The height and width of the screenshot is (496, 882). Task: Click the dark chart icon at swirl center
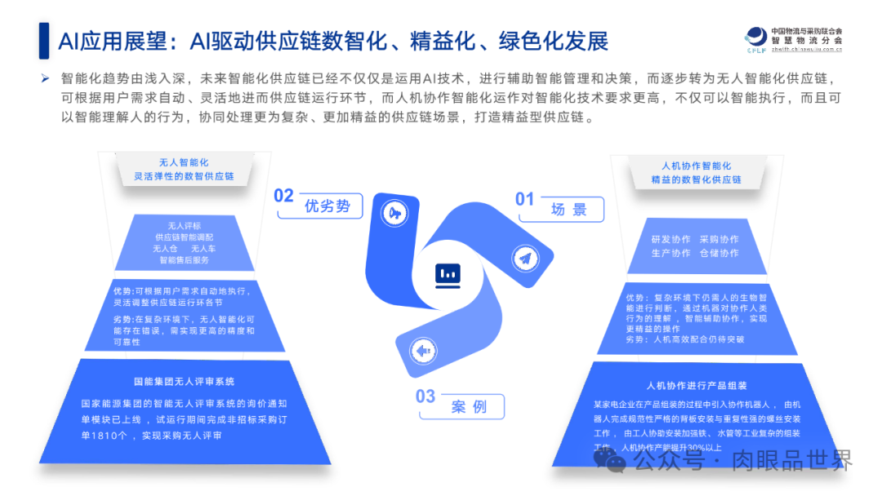pos(448,275)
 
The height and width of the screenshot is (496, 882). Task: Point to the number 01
pos(524,200)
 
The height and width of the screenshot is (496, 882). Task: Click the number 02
pos(283,196)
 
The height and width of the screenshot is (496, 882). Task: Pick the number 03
pos(425,396)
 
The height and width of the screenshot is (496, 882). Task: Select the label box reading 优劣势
pos(327,206)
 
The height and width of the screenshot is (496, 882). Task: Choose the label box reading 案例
pos(469,406)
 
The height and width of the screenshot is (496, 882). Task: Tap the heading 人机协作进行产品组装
pos(697,385)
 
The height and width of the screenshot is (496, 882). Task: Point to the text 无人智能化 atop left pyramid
pos(184,162)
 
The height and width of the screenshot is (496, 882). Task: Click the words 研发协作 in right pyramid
pos(670,239)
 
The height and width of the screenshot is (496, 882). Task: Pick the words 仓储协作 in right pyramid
pos(719,253)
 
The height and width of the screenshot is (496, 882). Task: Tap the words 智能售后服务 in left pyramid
pos(184,259)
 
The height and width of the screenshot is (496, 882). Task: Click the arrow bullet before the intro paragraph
pos(46,79)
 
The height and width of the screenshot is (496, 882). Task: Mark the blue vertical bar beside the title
pos(44,41)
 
